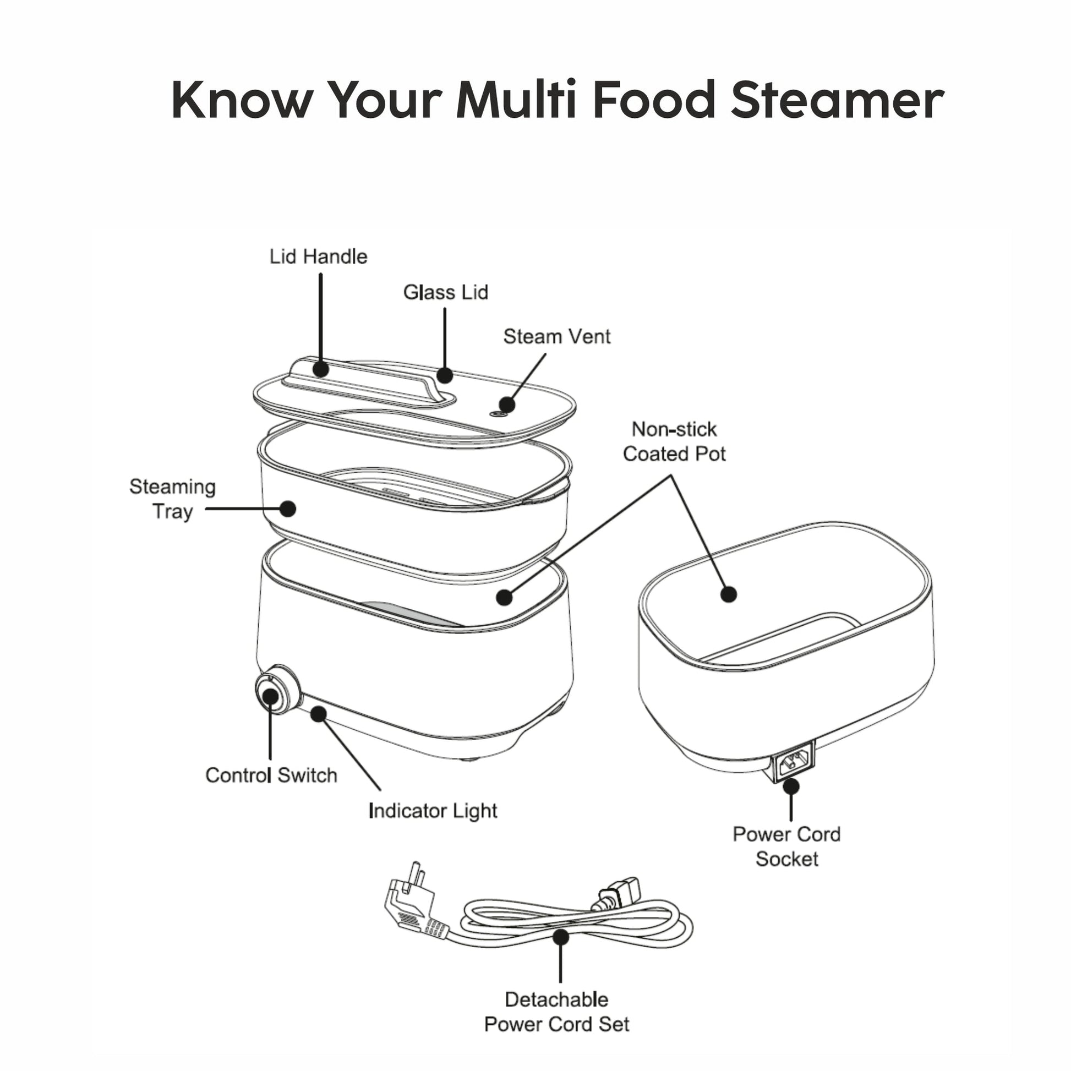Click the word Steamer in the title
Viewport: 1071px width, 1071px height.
838,100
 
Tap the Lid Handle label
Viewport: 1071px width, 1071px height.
318,256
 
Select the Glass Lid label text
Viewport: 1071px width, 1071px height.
446,292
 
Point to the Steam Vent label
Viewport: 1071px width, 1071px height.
556,336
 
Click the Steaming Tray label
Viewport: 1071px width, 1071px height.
172,499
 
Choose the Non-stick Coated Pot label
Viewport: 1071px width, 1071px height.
674,441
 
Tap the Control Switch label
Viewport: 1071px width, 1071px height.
271,775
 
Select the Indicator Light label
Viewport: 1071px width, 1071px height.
433,811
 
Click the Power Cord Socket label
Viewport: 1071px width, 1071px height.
786,846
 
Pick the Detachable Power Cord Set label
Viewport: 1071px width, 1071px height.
556,1012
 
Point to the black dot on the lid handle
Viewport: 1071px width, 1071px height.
320,369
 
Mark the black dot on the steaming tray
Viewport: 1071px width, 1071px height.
288,509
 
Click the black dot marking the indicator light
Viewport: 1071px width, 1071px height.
318,714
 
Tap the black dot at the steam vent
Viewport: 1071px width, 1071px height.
507,405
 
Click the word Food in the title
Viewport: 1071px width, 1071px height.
654,100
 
